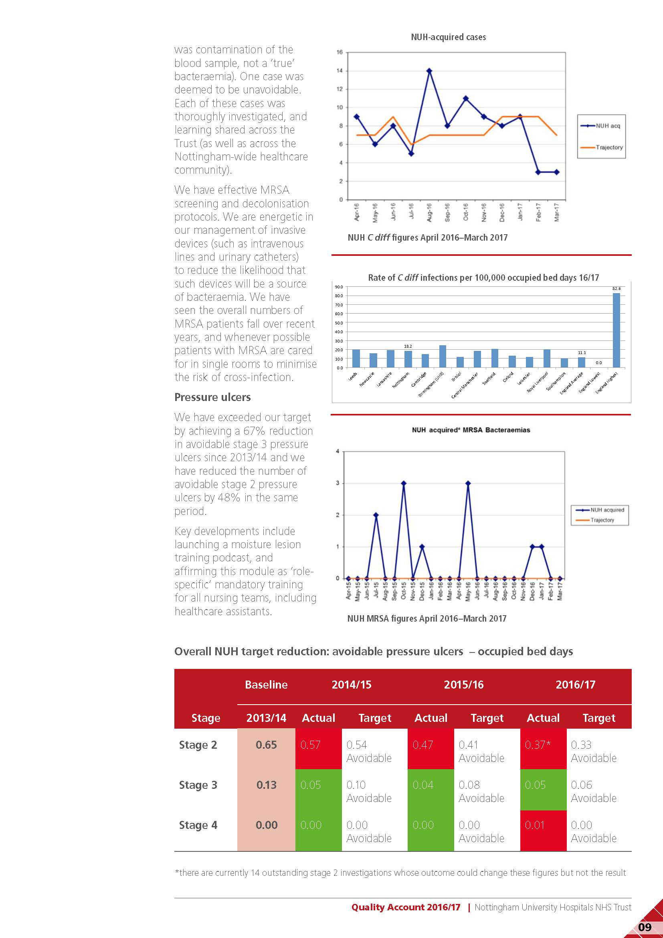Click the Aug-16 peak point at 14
tap(429, 71)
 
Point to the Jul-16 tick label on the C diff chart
tap(411, 212)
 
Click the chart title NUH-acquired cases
tap(448, 37)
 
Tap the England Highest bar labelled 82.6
tap(616, 330)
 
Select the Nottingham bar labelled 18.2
tap(408, 359)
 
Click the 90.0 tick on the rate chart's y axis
tap(339, 287)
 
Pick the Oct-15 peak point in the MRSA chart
tap(404, 483)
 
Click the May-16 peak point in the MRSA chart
tap(468, 483)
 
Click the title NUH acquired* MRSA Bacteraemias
tap(471, 430)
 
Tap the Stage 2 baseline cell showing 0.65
tap(266, 745)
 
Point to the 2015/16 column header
tap(463, 685)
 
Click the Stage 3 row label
tap(198, 785)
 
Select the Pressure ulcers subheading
tap(212, 397)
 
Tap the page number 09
tap(645, 927)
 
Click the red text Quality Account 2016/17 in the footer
tap(405, 908)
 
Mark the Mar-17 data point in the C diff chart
tap(556, 172)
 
